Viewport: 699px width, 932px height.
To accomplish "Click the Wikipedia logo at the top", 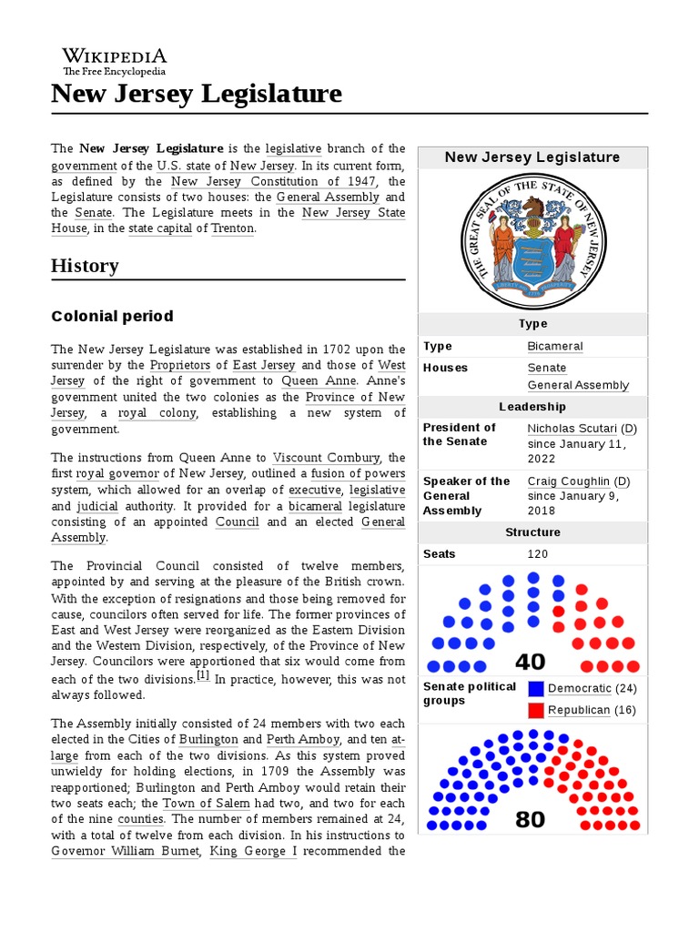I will pos(115,61).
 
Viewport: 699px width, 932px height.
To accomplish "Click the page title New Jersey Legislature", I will pos(197,94).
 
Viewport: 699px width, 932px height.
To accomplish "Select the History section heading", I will pos(85,266).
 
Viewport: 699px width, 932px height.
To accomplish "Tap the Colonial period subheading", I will pos(112,317).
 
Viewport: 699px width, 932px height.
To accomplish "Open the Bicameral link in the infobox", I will pos(555,347).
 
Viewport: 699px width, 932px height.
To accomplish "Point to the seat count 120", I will pos(539,554).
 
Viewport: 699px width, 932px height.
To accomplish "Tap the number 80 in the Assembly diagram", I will pos(531,820).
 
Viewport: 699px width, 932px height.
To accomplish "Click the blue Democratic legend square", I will pos(535,689).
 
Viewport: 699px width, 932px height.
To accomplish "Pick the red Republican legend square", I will pos(535,710).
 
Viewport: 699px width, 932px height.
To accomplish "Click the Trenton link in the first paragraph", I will pos(233,228).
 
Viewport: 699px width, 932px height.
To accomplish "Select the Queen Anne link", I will pos(312,381).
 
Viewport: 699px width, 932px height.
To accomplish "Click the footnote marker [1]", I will pos(203,676).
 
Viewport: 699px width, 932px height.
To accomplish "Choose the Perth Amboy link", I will pos(303,740).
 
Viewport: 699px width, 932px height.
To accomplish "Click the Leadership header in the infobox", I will pos(532,407).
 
